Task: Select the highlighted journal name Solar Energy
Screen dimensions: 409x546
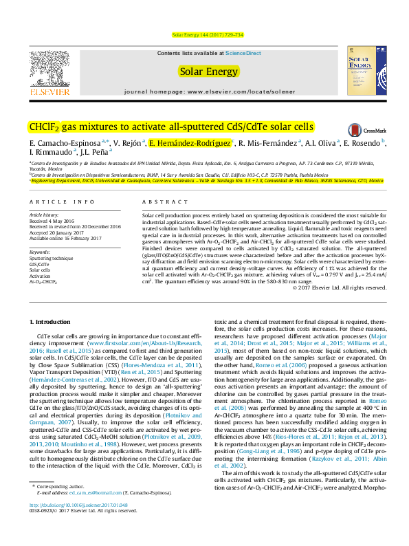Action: (x=208, y=70)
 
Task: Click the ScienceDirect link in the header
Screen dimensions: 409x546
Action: (x=243, y=53)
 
